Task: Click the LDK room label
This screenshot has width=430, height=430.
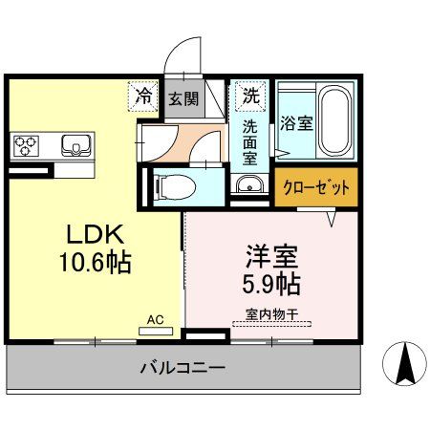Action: click(93, 234)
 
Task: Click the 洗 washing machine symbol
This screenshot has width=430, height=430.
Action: click(249, 95)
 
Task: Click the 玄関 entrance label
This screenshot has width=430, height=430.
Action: click(183, 97)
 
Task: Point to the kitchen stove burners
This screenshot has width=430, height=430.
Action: click(26, 145)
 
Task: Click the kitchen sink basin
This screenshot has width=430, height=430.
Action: click(75, 145)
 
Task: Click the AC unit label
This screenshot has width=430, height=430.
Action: click(155, 322)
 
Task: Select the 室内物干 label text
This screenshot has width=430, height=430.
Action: click(270, 312)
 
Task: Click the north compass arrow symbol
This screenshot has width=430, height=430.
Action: click(404, 364)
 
